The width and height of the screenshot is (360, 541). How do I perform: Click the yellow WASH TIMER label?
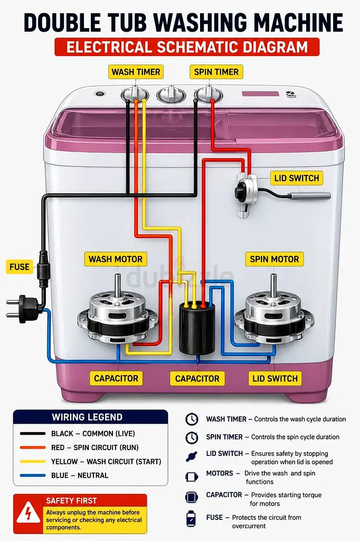(136, 72)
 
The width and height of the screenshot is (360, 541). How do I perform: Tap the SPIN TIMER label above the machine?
(216, 72)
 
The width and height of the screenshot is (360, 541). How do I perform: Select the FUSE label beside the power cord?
(20, 267)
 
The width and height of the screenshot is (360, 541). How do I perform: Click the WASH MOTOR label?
(116, 259)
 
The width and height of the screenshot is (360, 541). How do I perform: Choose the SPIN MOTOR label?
(274, 259)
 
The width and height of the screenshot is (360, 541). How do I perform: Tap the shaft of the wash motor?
(118, 285)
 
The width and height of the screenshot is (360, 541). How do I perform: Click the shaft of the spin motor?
(273, 285)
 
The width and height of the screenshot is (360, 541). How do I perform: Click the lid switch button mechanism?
(246, 194)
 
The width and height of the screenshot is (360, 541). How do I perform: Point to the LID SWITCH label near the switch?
(297, 178)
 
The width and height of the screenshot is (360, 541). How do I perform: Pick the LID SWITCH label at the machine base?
(275, 378)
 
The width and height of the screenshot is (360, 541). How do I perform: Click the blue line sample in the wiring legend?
(33, 475)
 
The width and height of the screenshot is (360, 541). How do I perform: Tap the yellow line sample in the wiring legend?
(33, 461)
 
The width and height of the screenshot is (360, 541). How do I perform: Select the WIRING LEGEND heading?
(87, 417)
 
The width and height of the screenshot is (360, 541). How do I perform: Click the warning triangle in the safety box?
(29, 513)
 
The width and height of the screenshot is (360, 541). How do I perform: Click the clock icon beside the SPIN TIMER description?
(192, 437)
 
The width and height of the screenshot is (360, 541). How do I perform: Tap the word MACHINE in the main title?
(300, 23)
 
